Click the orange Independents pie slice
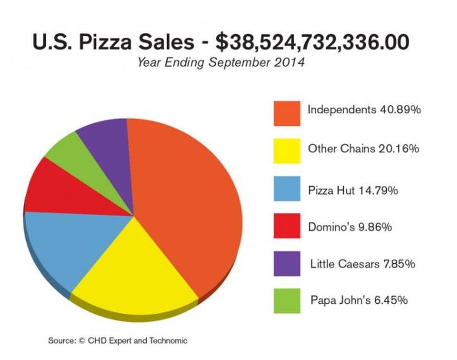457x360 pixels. (x=186, y=200)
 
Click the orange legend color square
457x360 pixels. (x=287, y=113)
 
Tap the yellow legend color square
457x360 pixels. (x=287, y=151)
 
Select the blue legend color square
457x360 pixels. (x=287, y=189)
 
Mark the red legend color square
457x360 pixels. (x=287, y=226)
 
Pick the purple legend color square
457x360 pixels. (x=287, y=263)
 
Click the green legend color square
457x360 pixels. (x=287, y=301)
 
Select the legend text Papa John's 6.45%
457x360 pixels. (x=359, y=300)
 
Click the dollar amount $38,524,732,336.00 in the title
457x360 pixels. (x=312, y=42)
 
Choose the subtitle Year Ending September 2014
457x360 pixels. (x=220, y=62)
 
